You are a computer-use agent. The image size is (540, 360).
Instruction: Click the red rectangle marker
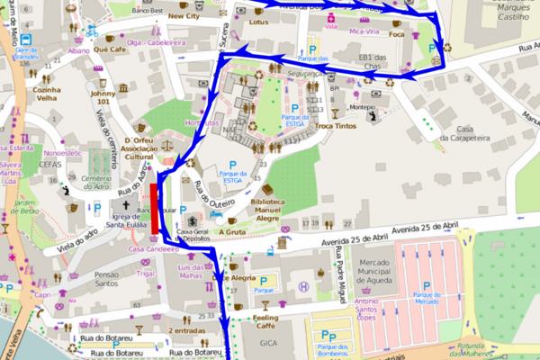156,207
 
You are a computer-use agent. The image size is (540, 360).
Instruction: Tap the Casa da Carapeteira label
463,133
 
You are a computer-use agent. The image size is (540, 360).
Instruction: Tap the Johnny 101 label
103,96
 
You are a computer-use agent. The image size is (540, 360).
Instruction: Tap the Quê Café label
109,50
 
